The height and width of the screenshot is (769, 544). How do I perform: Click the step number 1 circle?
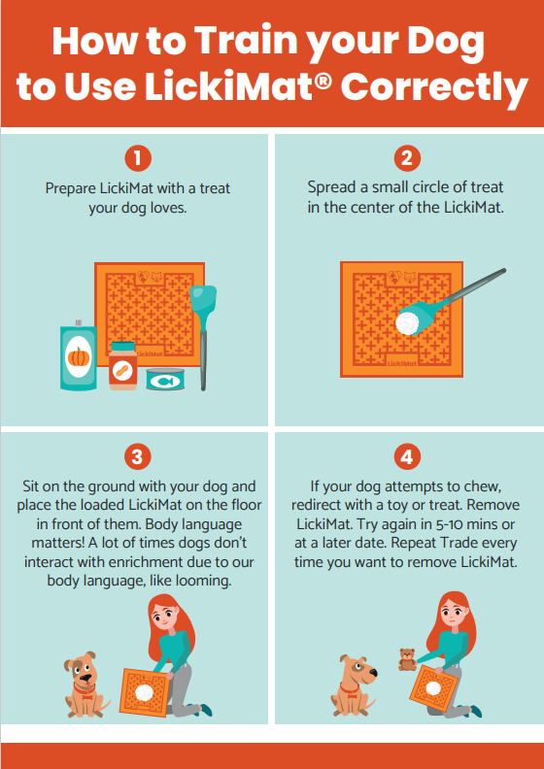coord(138,158)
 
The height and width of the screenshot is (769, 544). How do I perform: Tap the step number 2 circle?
coord(407,158)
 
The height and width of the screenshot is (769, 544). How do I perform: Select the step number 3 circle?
coord(137,457)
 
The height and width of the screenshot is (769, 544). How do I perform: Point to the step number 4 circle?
coord(407,457)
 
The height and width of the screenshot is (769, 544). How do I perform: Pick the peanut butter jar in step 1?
coord(123,366)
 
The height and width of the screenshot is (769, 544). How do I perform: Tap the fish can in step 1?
coord(165,379)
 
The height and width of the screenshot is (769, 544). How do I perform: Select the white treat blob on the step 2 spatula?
coord(407,323)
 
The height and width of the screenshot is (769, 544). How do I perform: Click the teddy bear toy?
coord(407,659)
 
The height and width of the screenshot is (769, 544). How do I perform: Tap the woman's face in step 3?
coord(164,616)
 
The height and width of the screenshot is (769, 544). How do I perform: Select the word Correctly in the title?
coord(435,86)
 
